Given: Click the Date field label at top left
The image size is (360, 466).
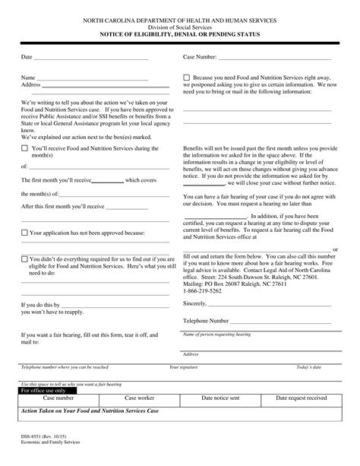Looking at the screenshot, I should point(27,58).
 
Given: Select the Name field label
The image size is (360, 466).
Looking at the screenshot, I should point(28,78).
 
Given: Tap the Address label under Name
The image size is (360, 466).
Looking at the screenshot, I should point(31,84).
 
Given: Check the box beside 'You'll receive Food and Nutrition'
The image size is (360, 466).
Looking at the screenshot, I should point(24,147).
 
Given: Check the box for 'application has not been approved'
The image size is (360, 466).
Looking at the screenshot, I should point(24,232).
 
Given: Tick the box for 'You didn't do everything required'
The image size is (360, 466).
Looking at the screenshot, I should point(24,258).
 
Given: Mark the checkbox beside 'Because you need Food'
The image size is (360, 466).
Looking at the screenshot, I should point(188,78).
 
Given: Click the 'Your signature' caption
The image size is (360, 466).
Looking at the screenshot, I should point(183,366).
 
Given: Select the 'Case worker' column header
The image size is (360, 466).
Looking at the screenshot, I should point(140,398).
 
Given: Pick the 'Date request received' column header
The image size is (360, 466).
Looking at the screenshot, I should point(301,398).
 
